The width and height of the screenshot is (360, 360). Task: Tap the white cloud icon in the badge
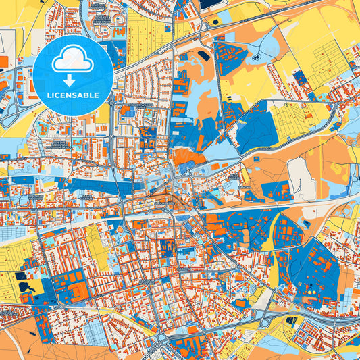coord(73,61)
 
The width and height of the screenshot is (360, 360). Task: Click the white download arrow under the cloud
coord(73,76)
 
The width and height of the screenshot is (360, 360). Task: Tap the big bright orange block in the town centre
coord(188,157)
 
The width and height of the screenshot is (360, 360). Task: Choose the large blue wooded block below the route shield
coord(257,128)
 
